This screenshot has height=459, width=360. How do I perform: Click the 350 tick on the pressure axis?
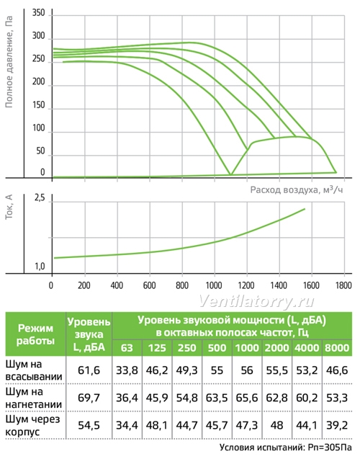point(39,13)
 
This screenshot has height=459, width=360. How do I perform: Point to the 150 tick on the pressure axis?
point(39,105)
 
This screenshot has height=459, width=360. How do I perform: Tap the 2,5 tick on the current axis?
point(40,198)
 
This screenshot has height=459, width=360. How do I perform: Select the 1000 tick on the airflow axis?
point(214,285)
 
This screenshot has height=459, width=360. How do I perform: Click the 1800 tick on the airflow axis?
point(344,285)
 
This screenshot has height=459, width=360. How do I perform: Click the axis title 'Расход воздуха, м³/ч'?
point(297,190)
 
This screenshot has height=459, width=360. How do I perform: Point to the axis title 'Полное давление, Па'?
point(9,62)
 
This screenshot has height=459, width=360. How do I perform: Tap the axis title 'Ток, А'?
point(9,207)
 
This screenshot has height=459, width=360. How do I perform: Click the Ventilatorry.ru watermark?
point(257,301)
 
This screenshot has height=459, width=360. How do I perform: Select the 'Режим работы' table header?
point(35,334)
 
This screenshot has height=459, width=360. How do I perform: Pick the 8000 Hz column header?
point(337,348)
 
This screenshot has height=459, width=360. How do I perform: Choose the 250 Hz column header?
point(187,348)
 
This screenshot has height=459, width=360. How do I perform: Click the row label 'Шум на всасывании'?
point(34,370)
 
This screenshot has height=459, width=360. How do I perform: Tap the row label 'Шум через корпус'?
point(32,425)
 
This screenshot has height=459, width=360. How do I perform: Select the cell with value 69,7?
point(89,398)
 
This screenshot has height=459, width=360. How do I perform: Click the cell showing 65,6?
point(247,398)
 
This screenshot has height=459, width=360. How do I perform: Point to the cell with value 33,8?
point(127,370)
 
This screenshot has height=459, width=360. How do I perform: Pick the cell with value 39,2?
point(337,425)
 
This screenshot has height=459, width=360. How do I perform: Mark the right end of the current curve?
point(305,209)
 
